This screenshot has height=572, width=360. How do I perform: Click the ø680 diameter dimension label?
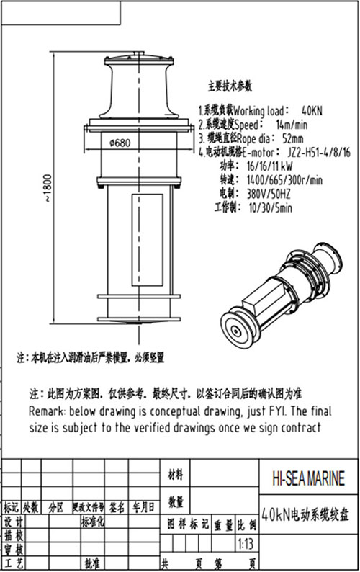coord(120,143)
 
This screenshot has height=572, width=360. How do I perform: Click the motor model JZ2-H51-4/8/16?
coord(319,153)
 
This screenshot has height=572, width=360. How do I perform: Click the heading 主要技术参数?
coord(230,86)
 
